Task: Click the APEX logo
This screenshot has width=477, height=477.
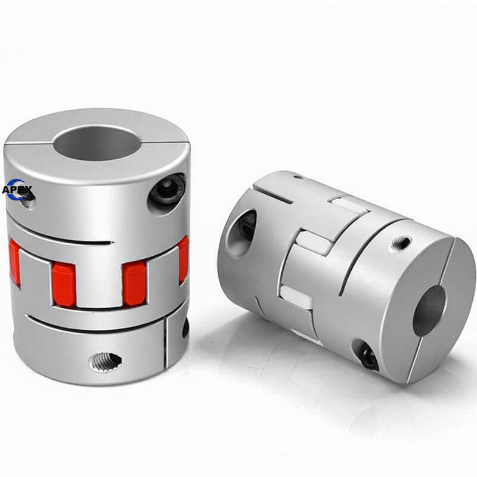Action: tap(17, 190)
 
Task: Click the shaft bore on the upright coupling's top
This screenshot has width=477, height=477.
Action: tap(96, 143)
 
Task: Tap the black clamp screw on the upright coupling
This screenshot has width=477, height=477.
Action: tap(168, 190)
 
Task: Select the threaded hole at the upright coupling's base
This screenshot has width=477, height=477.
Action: tap(106, 362)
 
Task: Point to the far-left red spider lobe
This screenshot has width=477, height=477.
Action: tap(14, 262)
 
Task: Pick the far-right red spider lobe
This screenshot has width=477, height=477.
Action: tap(183, 259)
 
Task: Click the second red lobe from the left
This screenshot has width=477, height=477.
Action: tap(64, 284)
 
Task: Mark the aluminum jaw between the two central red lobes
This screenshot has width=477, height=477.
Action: tap(99, 279)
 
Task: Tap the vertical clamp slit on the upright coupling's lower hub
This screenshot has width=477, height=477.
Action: tap(165, 342)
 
